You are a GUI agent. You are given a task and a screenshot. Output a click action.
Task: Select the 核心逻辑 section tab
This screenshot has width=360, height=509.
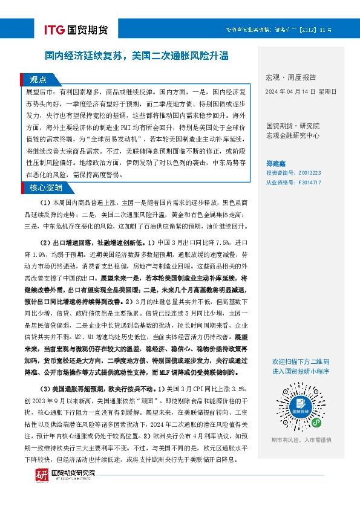click(46, 187)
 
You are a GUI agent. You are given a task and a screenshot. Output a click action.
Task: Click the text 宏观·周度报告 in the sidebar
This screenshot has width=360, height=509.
click(290, 77)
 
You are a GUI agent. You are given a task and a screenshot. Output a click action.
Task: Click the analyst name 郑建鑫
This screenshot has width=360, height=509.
click(277, 163)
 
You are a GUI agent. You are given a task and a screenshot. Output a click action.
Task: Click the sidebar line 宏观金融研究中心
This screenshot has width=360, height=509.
click(293, 135)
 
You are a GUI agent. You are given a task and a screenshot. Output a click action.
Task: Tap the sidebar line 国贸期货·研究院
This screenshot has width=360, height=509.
click(293, 126)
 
